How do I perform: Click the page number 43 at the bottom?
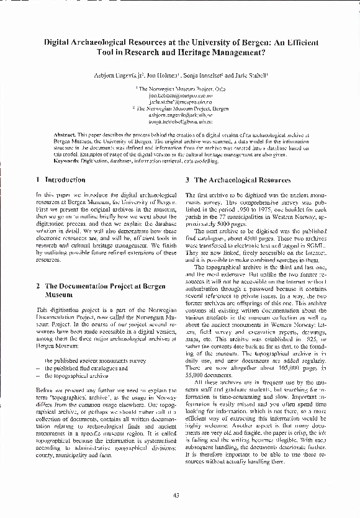coord(176,494)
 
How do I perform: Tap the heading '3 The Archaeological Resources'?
coord(238,180)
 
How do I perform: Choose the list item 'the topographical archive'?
coord(76,377)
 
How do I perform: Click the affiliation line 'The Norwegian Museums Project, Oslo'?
coord(181,89)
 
